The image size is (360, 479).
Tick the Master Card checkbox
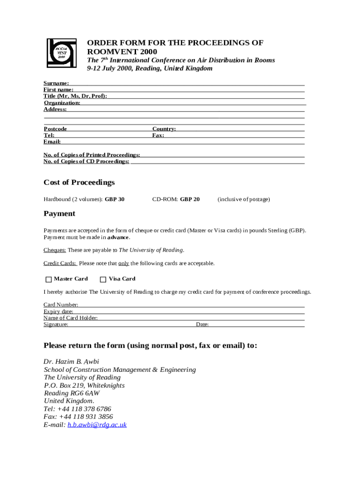click(x=49, y=279)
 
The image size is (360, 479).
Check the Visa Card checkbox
click(x=103, y=279)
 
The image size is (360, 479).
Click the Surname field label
click(x=56, y=83)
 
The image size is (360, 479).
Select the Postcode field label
click(x=55, y=129)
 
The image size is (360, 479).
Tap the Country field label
click(x=164, y=129)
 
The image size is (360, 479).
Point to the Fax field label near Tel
click(x=158, y=135)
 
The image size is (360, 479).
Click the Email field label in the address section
click(x=52, y=141)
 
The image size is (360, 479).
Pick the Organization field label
click(x=62, y=102)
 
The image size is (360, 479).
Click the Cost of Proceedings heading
click(x=79, y=182)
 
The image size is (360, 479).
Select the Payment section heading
click(x=59, y=213)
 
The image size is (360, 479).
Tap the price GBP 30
click(x=115, y=199)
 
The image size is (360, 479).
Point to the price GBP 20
click(x=190, y=199)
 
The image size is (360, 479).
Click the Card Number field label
click(x=61, y=305)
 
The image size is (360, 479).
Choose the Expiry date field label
click(x=58, y=312)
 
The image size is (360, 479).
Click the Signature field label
click(x=56, y=324)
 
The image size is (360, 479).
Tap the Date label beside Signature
click(x=202, y=324)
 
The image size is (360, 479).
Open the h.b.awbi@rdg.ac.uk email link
click(x=97, y=425)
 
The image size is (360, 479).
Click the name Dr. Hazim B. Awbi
click(x=71, y=362)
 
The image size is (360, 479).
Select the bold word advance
click(x=118, y=237)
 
